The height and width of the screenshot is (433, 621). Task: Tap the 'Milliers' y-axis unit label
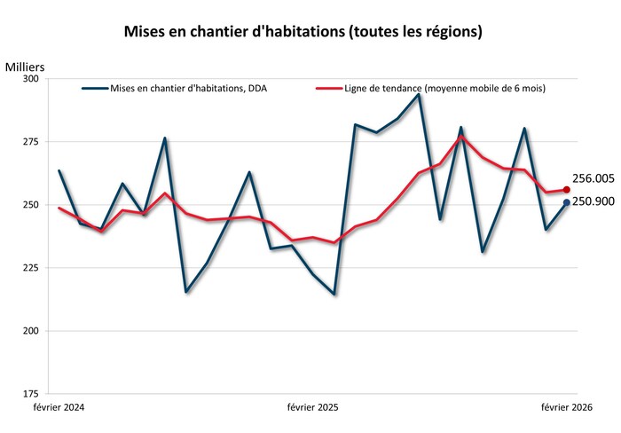coord(24,67)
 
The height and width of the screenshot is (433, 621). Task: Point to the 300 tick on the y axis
coord(30,79)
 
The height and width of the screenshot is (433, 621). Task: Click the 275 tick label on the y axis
coord(30,142)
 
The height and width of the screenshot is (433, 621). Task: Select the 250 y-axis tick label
coord(30,205)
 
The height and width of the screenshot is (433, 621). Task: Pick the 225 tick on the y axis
coord(30,268)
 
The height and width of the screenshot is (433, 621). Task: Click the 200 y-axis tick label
coord(30,331)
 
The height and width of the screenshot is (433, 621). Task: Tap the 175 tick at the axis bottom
coord(30,393)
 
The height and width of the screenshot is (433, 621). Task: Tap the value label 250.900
coord(593,201)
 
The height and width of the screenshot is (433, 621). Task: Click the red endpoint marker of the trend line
coord(567,190)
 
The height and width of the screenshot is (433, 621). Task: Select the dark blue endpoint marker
coord(567,202)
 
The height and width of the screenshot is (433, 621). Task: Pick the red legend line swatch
coord(329,89)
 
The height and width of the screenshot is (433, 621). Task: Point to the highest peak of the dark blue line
coord(419,94)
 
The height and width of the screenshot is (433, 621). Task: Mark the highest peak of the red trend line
coord(461,137)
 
